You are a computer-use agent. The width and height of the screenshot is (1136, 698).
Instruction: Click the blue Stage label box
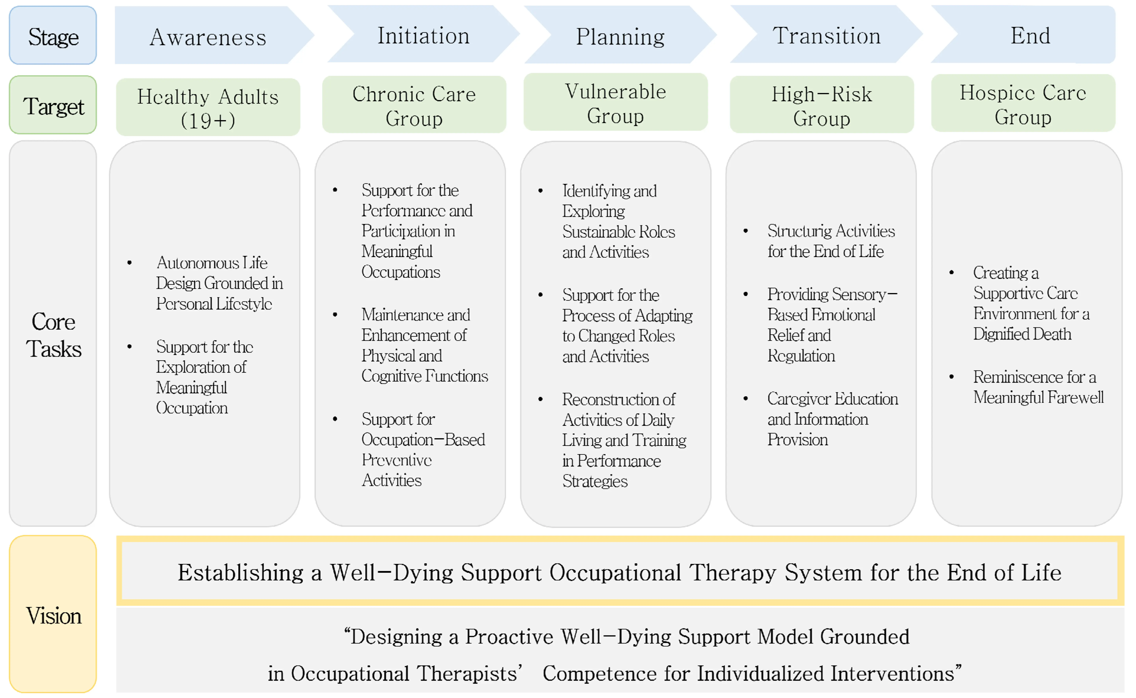[53, 35]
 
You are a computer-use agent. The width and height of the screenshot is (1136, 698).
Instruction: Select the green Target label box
[53, 105]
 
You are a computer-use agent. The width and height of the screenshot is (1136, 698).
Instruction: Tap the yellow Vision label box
[53, 615]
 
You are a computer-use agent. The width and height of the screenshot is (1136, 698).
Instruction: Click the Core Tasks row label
[53, 335]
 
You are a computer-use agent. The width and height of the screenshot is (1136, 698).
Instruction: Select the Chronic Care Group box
[414, 105]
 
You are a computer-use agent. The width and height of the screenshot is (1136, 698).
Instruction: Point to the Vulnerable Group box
[616, 102]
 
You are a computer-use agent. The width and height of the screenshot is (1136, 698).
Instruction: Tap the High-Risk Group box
[821, 105]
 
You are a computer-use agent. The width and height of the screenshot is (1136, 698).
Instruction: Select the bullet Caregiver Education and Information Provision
[832, 419]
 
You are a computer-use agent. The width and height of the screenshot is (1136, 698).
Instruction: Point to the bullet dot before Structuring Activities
[746, 231]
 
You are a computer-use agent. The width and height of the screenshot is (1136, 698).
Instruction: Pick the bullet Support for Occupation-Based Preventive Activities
[422, 449]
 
